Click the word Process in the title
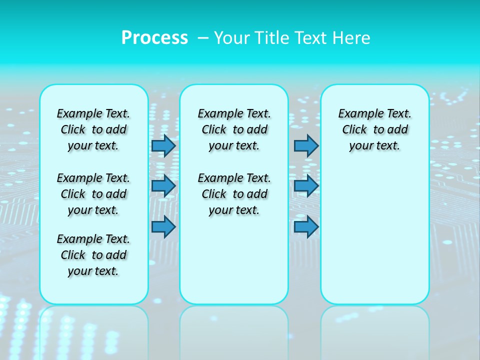[154, 38]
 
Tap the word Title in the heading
[272, 38]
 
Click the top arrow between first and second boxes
[163, 145]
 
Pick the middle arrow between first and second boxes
[163, 186]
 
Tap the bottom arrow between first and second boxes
[163, 226]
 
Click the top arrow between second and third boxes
[306, 145]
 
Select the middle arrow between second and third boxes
[306, 186]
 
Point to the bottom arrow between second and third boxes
[306, 226]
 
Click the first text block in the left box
[93, 129]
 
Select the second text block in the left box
[93, 194]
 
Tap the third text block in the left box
[93, 255]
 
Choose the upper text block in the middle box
[234, 129]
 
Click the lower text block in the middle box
[234, 194]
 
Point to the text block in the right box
[375, 129]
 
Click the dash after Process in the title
[203, 38]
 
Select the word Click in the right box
[354, 130]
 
